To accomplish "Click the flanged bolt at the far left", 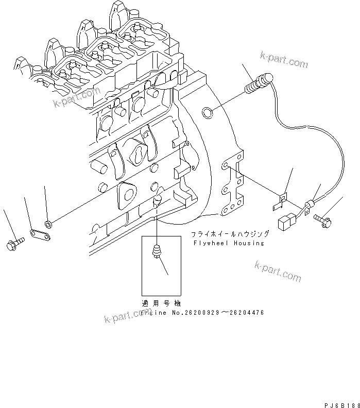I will [x=14, y=244].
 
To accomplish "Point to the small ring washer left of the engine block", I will [x=48, y=224].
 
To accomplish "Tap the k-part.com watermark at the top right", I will [x=284, y=61].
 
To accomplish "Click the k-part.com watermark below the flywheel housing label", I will [x=278, y=271].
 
